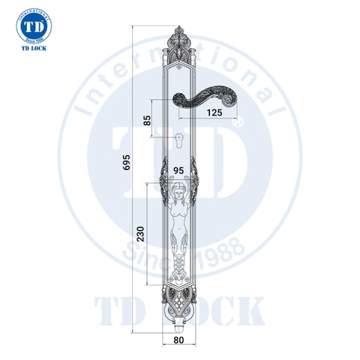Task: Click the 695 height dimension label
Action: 127,163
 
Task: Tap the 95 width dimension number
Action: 179,170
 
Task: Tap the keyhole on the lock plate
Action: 179,139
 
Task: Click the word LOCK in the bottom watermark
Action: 225,311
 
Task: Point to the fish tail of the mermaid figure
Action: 179,262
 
